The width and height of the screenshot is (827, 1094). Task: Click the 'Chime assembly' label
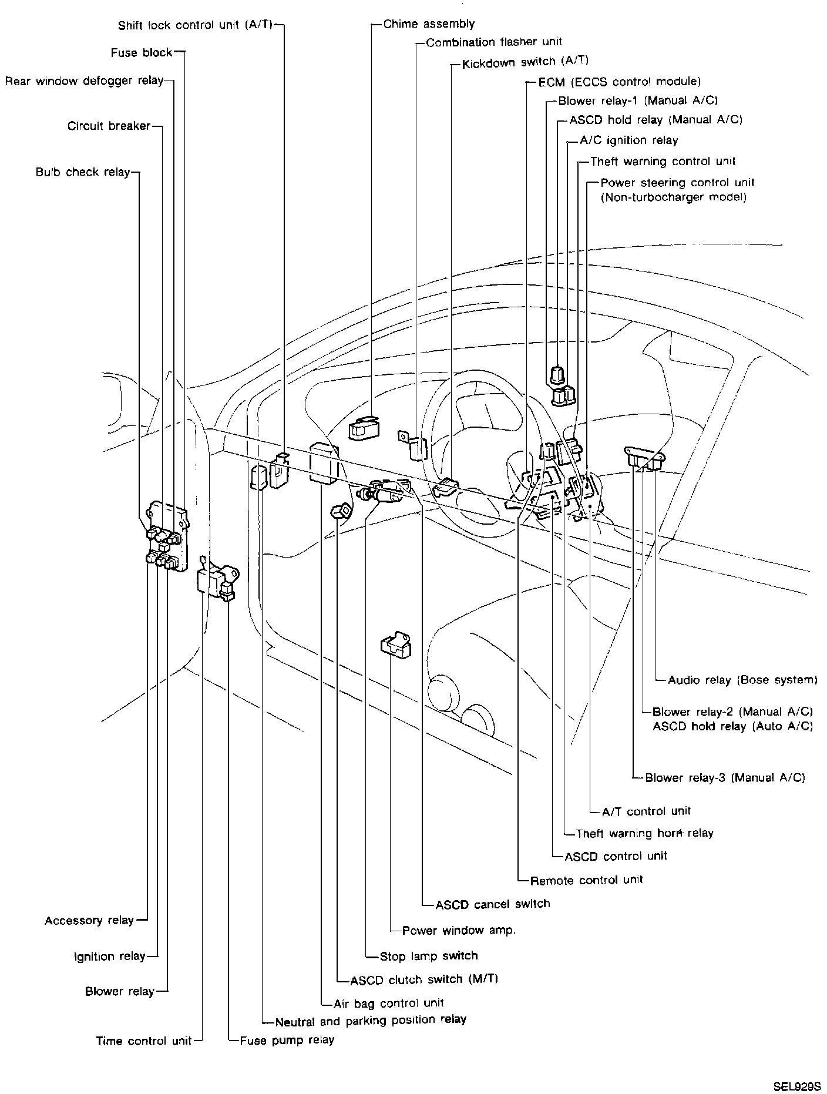pos(429,24)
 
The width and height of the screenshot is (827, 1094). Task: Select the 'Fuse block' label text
pos(142,53)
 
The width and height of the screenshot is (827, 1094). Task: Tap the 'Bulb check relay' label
pos(83,173)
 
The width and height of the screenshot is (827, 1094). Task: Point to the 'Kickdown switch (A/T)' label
pos(525,62)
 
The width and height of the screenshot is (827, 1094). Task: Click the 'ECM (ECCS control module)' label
pos(620,82)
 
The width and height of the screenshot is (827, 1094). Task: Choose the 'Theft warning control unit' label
pos(663,161)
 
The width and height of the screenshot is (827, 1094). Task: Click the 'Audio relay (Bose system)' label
pos(742,680)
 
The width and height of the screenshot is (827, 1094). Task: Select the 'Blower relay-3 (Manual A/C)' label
pos(725,778)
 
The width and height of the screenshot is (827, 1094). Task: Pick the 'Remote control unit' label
pos(586,880)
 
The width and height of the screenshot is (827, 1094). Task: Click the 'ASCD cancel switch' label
pos(492,904)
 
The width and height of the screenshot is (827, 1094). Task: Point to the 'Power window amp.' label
pos(459,931)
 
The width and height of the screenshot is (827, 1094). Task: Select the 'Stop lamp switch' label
pos(429,956)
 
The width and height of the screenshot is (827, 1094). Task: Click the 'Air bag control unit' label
pos(388,1004)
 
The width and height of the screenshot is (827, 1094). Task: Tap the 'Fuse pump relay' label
pos(287,1041)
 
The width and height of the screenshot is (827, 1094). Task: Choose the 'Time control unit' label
pos(144,1041)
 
